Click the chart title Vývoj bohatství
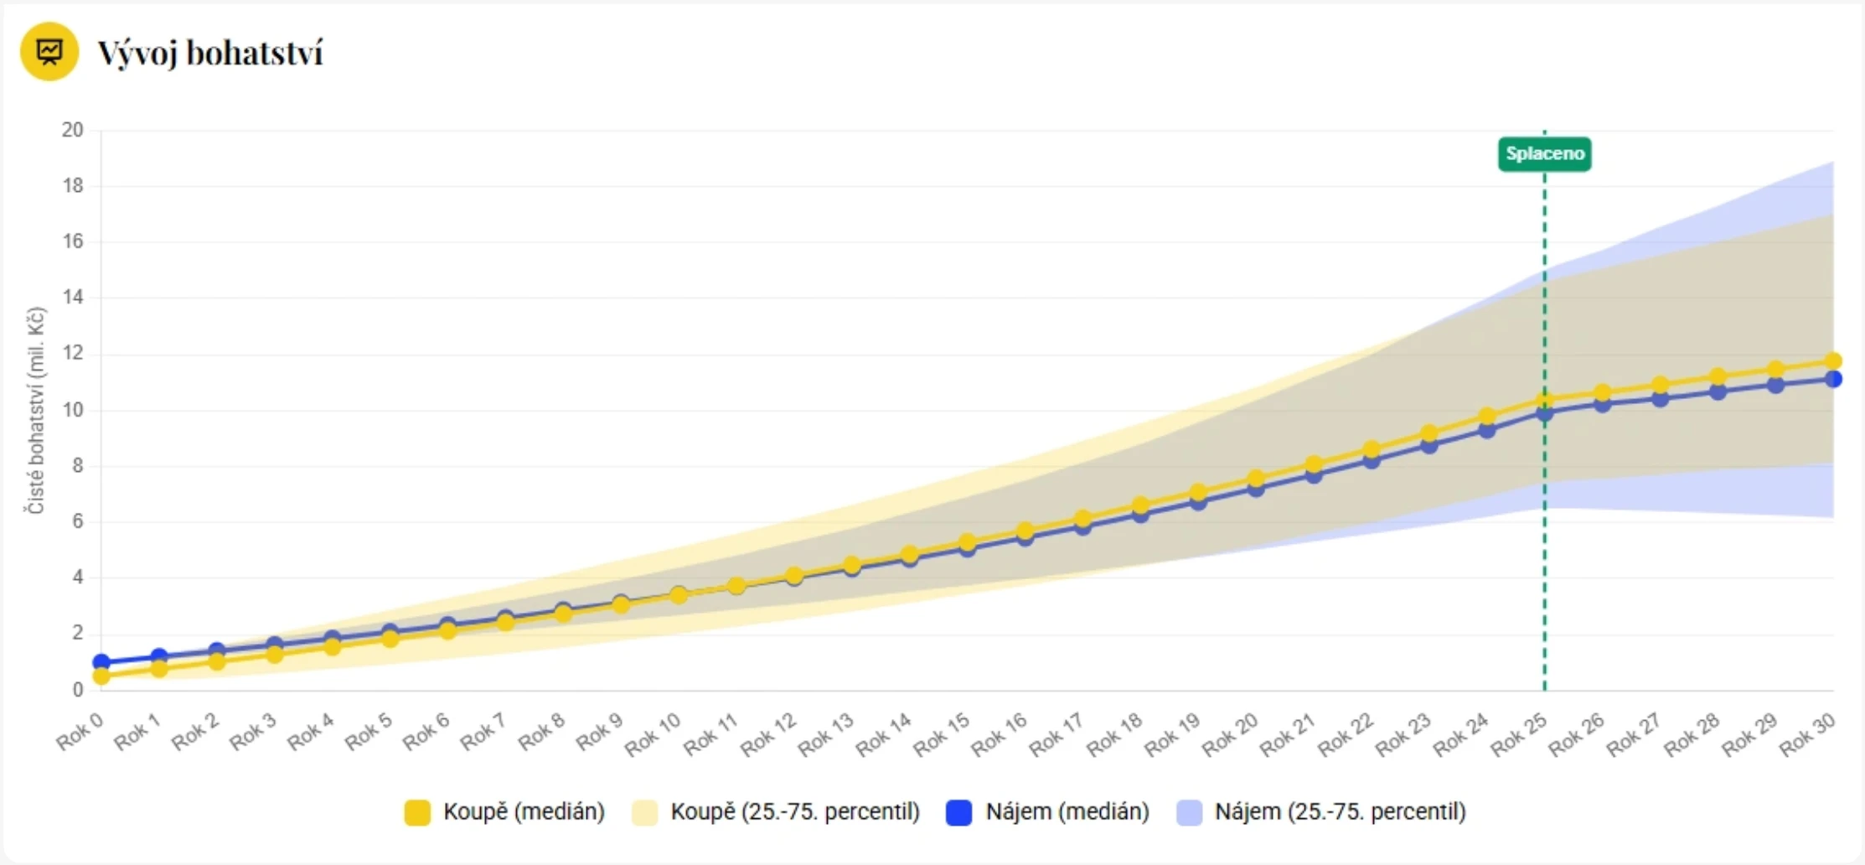tap(209, 53)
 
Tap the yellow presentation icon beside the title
tap(49, 52)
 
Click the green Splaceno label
tap(1544, 154)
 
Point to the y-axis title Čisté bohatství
tap(35, 410)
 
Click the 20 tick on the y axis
tap(73, 130)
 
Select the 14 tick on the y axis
tap(73, 298)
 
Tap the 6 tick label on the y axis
tap(77, 521)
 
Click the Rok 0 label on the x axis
tap(80, 731)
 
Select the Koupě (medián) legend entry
tap(504, 811)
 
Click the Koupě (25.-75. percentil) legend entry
tap(776, 811)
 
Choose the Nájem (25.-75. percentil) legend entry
tap(1321, 811)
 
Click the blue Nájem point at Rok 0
tap(101, 662)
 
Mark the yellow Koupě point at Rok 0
tap(101, 676)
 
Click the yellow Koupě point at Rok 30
tap(1832, 361)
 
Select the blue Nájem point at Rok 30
tap(1832, 379)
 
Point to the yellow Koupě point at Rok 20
tap(1255, 479)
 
